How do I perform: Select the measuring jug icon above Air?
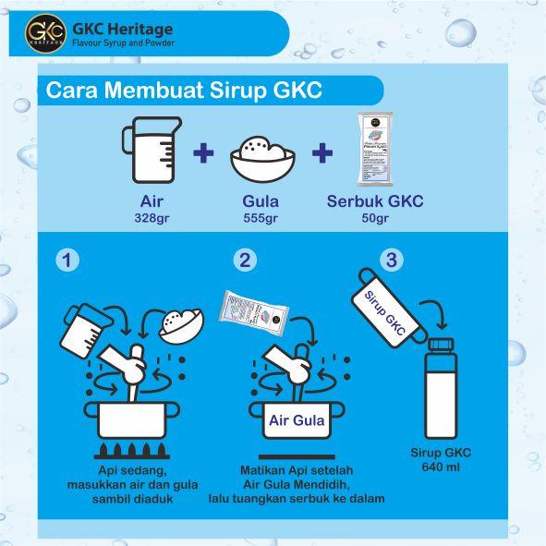point(145,151)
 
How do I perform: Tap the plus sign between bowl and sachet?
point(321,153)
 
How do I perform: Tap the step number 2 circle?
point(245,261)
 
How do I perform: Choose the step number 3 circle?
point(391,261)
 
